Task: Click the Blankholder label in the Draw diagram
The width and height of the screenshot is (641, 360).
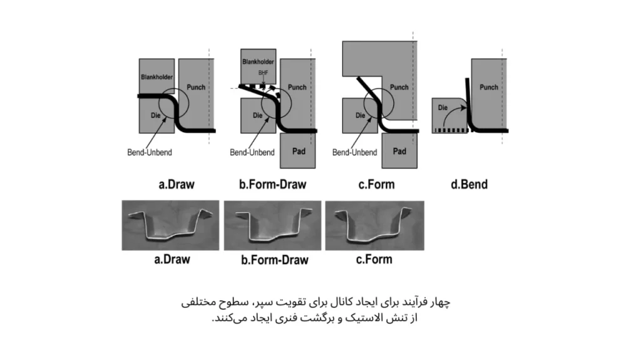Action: [x=157, y=77]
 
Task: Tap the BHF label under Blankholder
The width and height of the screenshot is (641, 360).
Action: [x=264, y=73]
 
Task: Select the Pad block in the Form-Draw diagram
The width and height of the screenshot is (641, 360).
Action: [x=297, y=150]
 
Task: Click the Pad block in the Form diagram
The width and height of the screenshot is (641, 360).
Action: [x=399, y=150]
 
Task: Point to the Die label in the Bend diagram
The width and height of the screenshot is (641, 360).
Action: [x=443, y=108]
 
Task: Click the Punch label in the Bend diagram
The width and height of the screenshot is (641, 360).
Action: [x=489, y=87]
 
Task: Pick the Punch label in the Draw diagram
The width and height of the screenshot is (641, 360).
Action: [x=196, y=87]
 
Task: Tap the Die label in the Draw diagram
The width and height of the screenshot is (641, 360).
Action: [x=155, y=115]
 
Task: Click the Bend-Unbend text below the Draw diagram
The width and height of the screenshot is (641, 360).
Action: [x=150, y=152]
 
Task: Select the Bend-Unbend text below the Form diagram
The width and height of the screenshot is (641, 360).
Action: [x=354, y=152]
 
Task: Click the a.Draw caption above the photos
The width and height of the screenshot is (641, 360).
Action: [x=177, y=185]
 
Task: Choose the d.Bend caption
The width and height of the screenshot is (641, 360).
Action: [x=469, y=185]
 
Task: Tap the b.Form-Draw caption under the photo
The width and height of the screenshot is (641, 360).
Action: [x=275, y=260]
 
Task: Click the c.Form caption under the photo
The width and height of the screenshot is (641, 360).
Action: [x=374, y=259]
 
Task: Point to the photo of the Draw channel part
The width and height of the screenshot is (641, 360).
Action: [x=170, y=225]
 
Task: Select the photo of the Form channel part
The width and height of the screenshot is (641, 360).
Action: [x=375, y=225]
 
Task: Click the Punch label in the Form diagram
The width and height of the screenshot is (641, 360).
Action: [x=399, y=87]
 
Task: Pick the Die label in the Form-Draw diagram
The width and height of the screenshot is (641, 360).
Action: [x=257, y=115]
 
